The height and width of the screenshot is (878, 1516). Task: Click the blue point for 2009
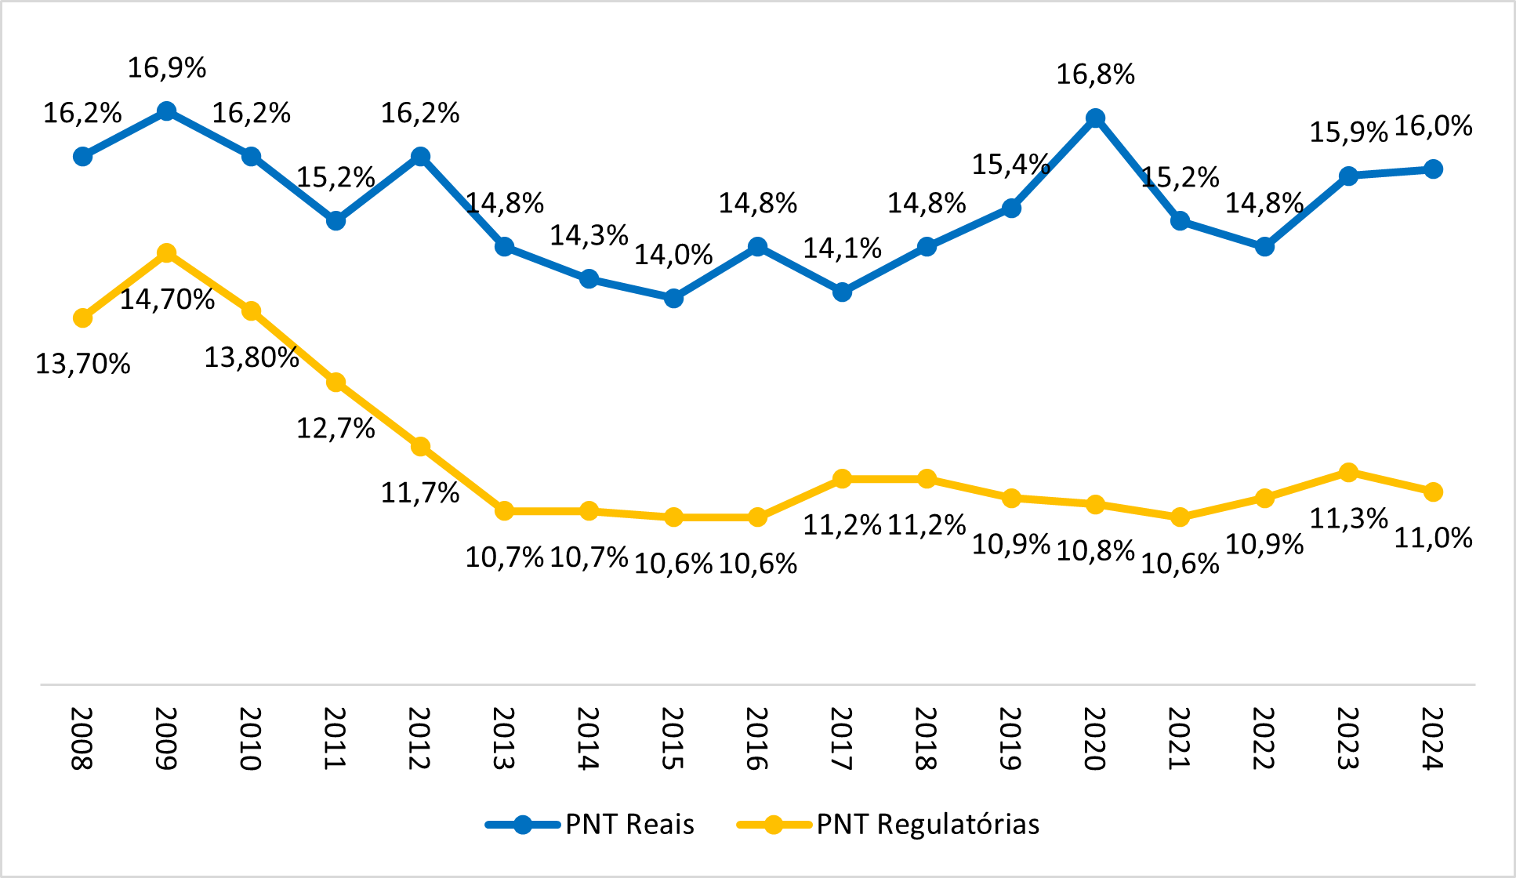[x=166, y=111]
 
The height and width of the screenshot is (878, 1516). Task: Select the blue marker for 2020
[x=1095, y=118]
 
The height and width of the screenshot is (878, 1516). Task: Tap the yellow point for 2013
[x=504, y=511]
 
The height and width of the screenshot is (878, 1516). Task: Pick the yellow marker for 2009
[x=166, y=253]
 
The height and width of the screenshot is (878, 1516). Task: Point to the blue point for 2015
[x=673, y=298]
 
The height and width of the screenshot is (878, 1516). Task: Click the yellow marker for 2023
[x=1348, y=472]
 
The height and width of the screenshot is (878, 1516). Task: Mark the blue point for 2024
[x=1433, y=169]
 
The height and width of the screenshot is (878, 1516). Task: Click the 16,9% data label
[x=167, y=68]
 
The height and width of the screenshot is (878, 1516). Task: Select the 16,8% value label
[x=1095, y=75]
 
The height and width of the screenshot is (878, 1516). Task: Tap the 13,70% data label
[x=83, y=365]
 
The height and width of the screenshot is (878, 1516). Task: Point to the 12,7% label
[x=335, y=429]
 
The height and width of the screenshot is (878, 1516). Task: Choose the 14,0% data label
[x=673, y=255]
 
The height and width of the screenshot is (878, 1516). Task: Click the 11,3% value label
[x=1348, y=518]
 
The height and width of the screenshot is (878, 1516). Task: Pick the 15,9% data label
[x=1348, y=132]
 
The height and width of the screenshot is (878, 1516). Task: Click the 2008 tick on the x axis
[x=82, y=738]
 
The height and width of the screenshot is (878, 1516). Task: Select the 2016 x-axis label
[x=757, y=738]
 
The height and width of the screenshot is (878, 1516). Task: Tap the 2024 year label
[x=1433, y=738]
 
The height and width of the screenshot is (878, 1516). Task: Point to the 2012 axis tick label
[x=420, y=738]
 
